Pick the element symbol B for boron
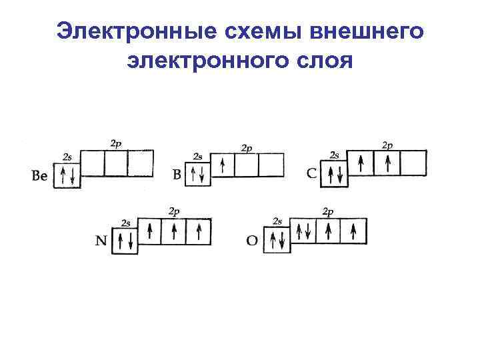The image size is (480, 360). (177, 175)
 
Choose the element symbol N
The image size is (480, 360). (101, 241)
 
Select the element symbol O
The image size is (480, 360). (253, 240)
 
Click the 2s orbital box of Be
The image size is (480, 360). (67, 176)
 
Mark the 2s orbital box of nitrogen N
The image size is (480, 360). (125, 241)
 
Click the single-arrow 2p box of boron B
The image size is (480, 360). (222, 165)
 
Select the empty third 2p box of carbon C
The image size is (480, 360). (413, 163)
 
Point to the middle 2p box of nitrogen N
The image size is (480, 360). (173, 231)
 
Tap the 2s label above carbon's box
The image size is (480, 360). (334, 155)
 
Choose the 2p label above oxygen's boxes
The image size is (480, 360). (328, 212)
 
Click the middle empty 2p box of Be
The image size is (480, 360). (115, 163)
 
